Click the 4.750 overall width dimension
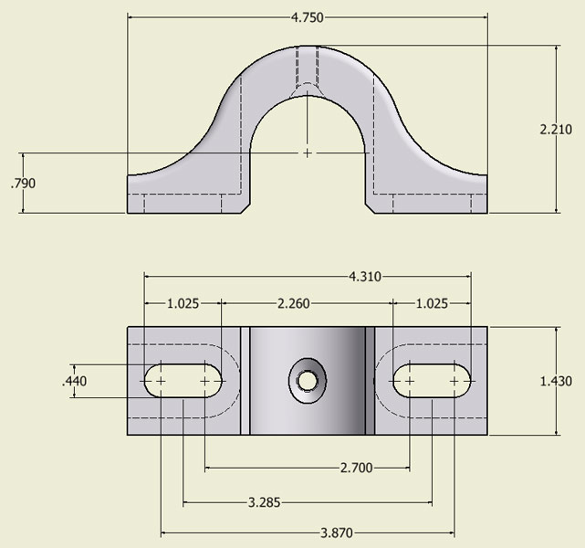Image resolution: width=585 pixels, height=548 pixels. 307,17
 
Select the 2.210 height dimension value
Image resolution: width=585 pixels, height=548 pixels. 556,129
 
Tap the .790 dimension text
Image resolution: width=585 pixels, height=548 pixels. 23,184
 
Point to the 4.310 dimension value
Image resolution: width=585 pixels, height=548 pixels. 365,277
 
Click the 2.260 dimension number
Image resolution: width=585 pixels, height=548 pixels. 294,303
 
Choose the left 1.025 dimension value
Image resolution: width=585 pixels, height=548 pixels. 183,303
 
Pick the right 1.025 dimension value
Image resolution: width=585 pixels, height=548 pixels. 432,303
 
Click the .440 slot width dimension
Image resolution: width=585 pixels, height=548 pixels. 75,381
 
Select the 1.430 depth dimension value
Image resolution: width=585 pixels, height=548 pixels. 556,381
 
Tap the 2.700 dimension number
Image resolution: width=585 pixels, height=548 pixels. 356,468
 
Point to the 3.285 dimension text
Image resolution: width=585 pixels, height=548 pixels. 264,502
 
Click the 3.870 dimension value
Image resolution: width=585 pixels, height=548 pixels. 337,532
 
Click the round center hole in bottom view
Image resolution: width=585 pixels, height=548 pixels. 307,381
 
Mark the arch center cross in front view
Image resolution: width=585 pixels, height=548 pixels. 307,153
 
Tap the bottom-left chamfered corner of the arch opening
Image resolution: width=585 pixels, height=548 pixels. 245,208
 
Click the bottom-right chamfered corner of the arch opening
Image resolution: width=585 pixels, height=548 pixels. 370,208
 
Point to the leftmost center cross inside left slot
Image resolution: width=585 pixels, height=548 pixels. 161,381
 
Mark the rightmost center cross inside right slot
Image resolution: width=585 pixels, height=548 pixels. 454,381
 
